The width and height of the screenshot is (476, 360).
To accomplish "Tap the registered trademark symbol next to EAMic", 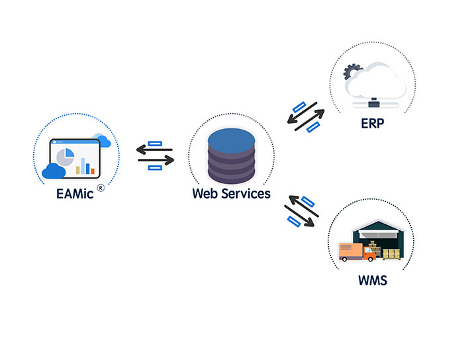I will click(100, 188).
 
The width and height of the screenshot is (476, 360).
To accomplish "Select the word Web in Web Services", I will click(205, 194).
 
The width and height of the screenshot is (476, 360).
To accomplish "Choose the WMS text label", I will click(372, 281).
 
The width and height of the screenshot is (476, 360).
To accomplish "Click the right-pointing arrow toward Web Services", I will click(156, 159).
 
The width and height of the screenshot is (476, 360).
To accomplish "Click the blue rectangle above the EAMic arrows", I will click(155, 142).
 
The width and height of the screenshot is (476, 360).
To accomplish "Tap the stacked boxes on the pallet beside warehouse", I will click(391, 252).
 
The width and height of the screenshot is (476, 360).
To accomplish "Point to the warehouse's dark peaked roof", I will click(375, 226).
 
